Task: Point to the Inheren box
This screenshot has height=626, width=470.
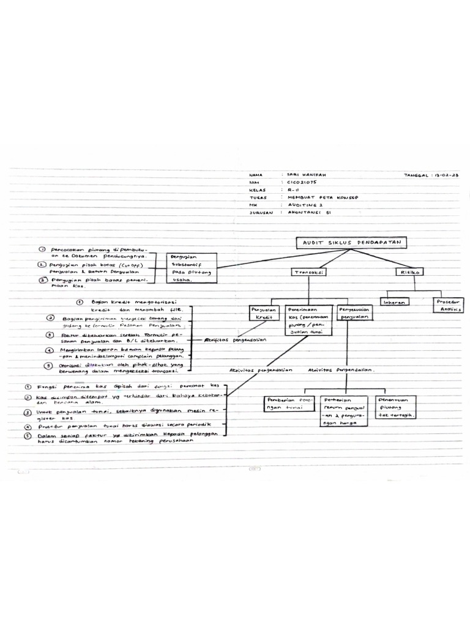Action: click(394, 302)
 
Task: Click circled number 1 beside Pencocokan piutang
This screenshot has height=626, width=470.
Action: click(42, 250)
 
